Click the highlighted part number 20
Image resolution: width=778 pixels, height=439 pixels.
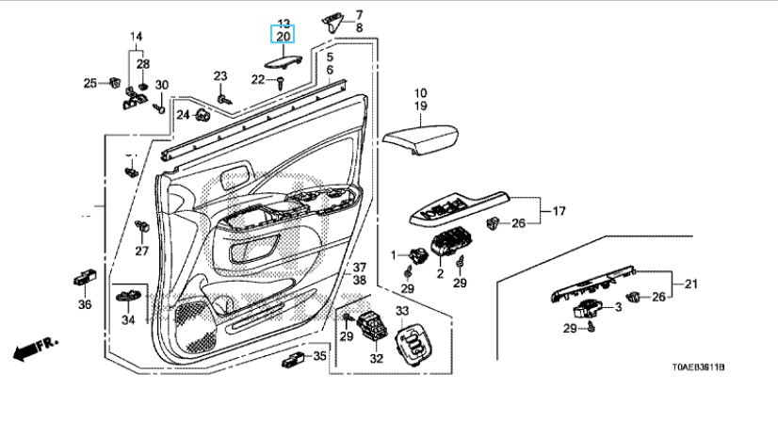point(284,36)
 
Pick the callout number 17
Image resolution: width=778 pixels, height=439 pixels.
point(558,211)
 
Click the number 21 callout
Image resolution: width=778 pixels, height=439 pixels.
point(689,284)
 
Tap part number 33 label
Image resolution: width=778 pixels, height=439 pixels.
point(402,311)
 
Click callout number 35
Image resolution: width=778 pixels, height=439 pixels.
point(320,355)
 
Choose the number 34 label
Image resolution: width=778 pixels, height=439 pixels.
point(128,319)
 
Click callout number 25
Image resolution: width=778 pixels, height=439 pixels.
point(90,83)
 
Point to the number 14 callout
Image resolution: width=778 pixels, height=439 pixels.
point(136,37)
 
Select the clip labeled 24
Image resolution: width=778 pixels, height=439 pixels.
point(202,115)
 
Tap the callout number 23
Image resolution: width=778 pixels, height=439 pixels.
point(220,75)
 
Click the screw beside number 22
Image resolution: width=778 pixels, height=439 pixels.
point(281,82)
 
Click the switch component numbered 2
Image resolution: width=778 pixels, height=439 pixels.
point(446,246)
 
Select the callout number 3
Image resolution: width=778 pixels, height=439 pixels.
point(618,306)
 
